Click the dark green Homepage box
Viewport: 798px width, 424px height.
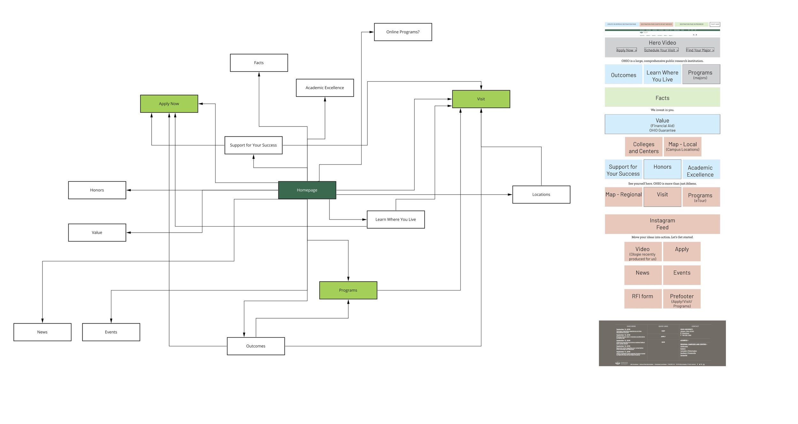coord(307,190)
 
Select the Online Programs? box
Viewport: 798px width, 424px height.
coord(403,32)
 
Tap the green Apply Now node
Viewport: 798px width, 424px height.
coord(169,104)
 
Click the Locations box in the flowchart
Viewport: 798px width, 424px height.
coord(541,194)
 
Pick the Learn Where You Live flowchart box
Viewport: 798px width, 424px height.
coord(395,220)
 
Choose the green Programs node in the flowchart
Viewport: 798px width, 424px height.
coord(348,290)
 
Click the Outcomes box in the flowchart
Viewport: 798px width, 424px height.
coord(256,346)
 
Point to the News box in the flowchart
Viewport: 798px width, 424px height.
coord(42,332)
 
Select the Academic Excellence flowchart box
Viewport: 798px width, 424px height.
coord(325,88)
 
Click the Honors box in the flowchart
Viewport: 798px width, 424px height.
coord(97,190)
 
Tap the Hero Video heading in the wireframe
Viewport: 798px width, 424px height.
coord(662,43)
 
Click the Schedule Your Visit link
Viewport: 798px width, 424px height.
coord(661,50)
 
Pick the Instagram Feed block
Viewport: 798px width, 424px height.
coord(662,224)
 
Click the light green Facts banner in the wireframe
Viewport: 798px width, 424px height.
coord(662,97)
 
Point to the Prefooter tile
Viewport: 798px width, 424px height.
coord(681,298)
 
